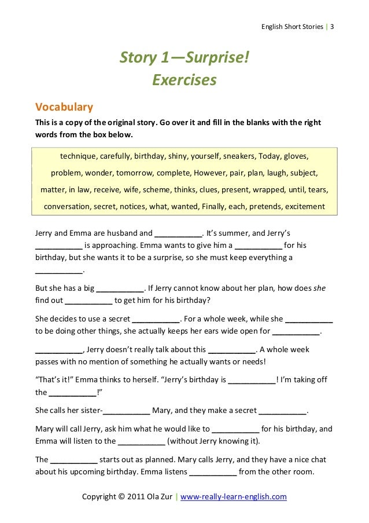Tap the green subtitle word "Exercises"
(x=184, y=78)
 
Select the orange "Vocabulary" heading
(x=65, y=107)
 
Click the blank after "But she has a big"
(x=119, y=287)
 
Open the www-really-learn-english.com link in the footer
(x=234, y=497)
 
